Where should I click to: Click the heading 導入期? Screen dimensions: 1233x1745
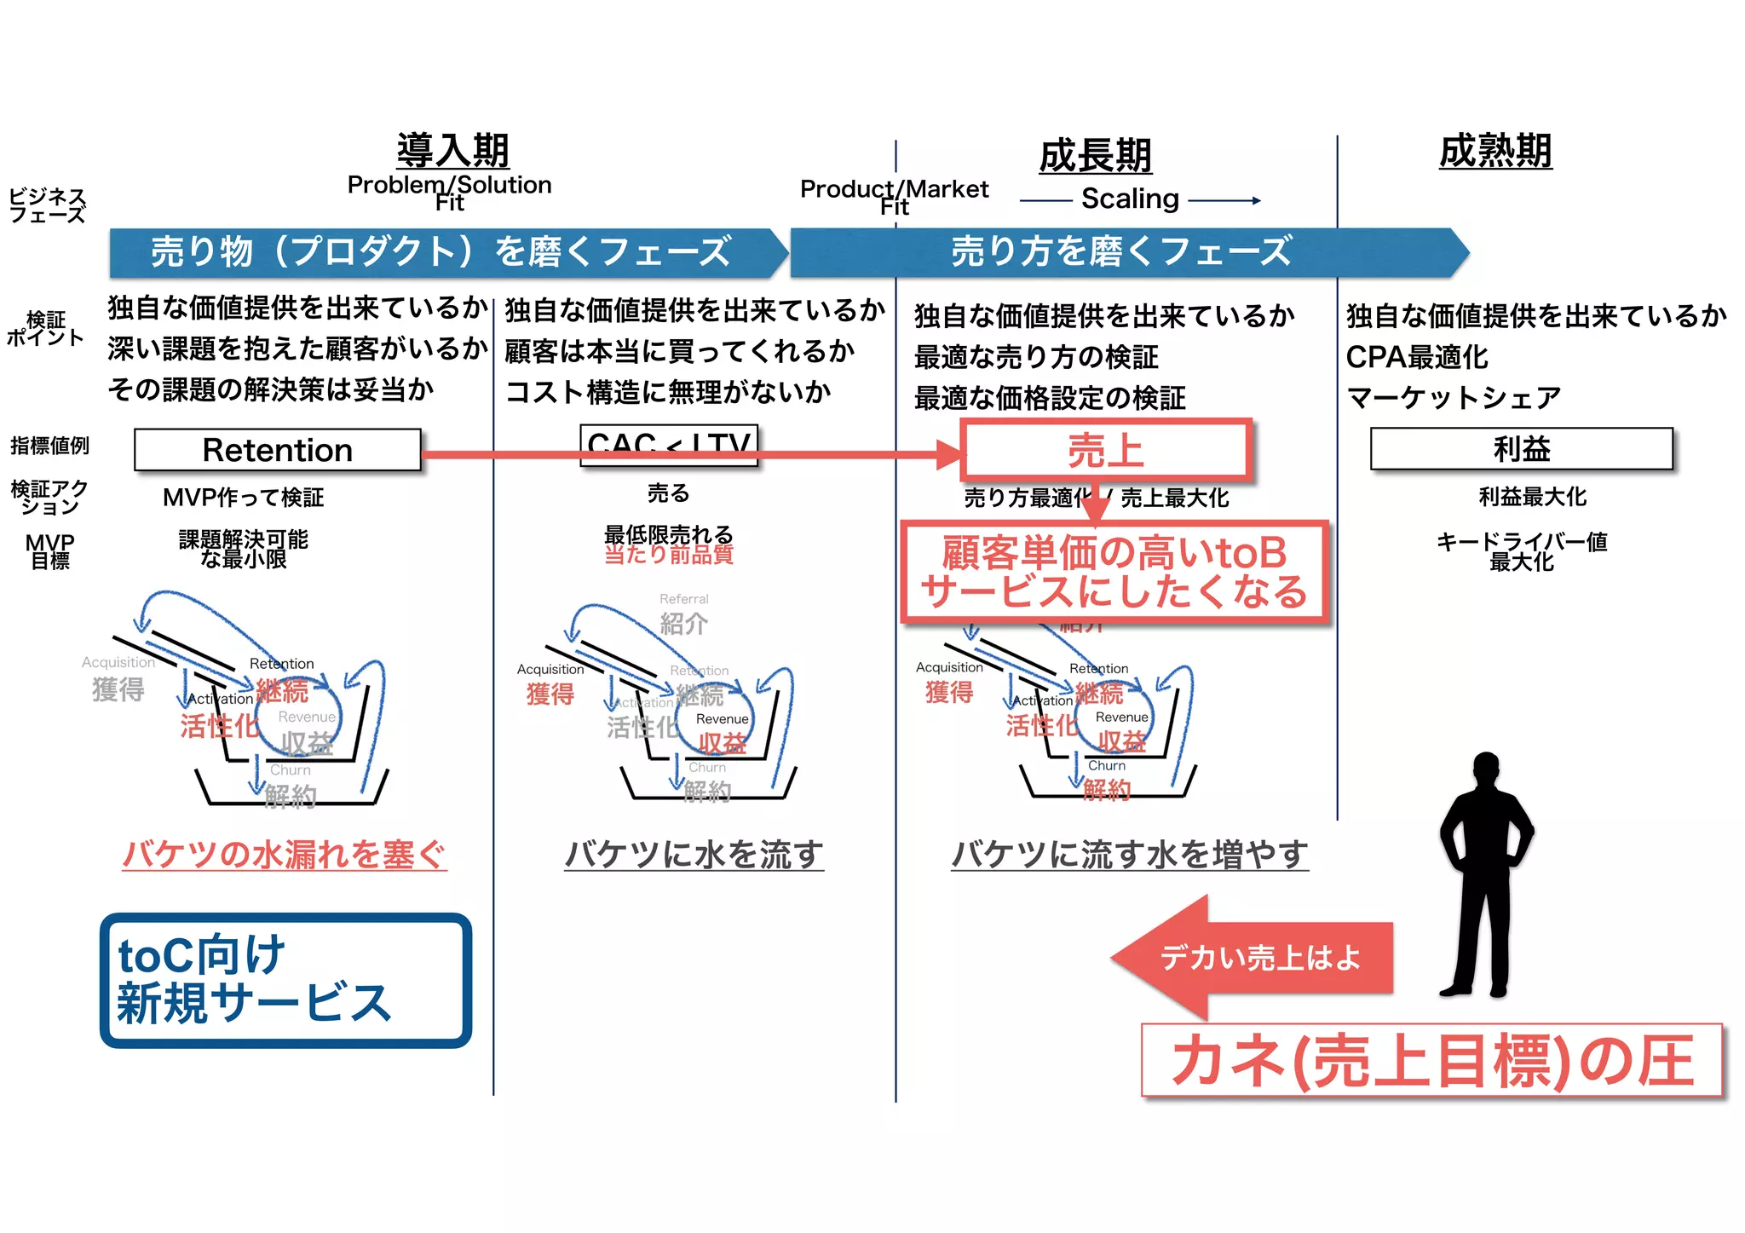452,151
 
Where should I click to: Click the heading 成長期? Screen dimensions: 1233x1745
1095,156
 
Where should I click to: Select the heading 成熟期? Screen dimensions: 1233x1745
1495,151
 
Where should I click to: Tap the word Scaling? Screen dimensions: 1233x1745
1130,199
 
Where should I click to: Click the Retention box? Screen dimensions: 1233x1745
278,450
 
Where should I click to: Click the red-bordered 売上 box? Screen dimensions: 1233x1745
1105,450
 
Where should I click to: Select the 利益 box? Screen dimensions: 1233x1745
1521,449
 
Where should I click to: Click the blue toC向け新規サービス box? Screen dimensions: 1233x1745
285,980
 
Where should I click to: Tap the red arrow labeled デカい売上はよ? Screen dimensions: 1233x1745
1253,957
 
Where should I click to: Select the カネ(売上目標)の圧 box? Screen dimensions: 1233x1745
1431,1060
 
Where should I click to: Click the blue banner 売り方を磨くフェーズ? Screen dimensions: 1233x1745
1121,252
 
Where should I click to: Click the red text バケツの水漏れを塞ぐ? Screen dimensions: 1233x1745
285,854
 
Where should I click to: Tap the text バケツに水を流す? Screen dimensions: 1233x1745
694,854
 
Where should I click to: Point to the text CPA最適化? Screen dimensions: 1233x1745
1417,357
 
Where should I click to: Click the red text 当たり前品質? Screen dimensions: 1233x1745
669,555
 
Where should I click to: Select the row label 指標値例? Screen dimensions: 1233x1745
49,446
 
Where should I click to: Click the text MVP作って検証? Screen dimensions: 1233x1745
243,498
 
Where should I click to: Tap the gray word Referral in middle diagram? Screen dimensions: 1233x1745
683,599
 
